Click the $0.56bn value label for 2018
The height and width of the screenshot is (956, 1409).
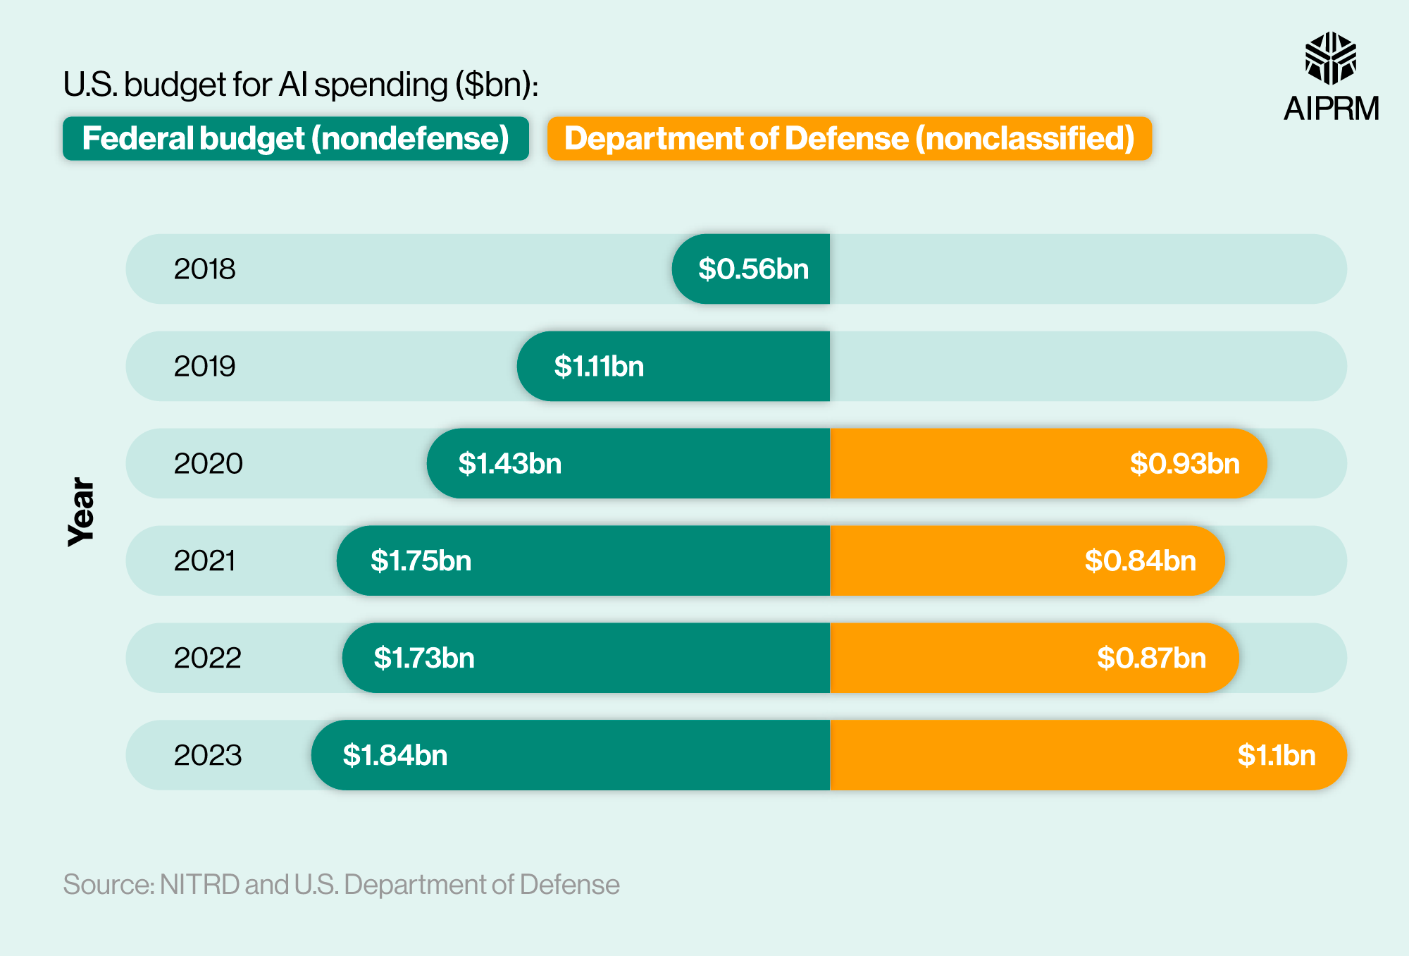click(x=753, y=269)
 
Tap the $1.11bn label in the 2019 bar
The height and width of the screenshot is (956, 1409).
click(x=599, y=367)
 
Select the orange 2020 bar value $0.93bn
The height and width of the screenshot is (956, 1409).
click(x=1184, y=464)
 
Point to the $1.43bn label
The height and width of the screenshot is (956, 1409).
click(x=510, y=464)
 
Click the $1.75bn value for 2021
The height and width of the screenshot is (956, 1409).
click(x=421, y=561)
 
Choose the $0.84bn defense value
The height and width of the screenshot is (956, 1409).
click(x=1140, y=561)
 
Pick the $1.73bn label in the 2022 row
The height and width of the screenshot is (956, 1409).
click(x=424, y=658)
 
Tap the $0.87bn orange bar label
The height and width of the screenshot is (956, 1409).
click(x=1151, y=658)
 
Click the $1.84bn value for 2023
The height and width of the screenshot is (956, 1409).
click(x=395, y=756)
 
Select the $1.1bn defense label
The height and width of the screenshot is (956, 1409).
click(x=1276, y=756)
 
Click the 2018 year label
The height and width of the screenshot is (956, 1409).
click(x=204, y=269)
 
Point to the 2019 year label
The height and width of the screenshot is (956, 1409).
click(x=204, y=367)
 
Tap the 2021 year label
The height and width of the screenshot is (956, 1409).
click(x=204, y=561)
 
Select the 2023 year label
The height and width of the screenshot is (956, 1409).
click(x=208, y=756)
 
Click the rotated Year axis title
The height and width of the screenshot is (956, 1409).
click(x=81, y=512)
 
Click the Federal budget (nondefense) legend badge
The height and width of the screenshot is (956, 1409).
click(x=295, y=139)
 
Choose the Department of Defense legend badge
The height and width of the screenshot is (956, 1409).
click(x=849, y=139)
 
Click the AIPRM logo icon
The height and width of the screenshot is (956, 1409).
click(x=1330, y=59)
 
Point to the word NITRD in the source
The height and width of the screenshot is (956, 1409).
click(x=199, y=885)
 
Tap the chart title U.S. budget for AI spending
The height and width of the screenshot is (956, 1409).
click(x=301, y=85)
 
